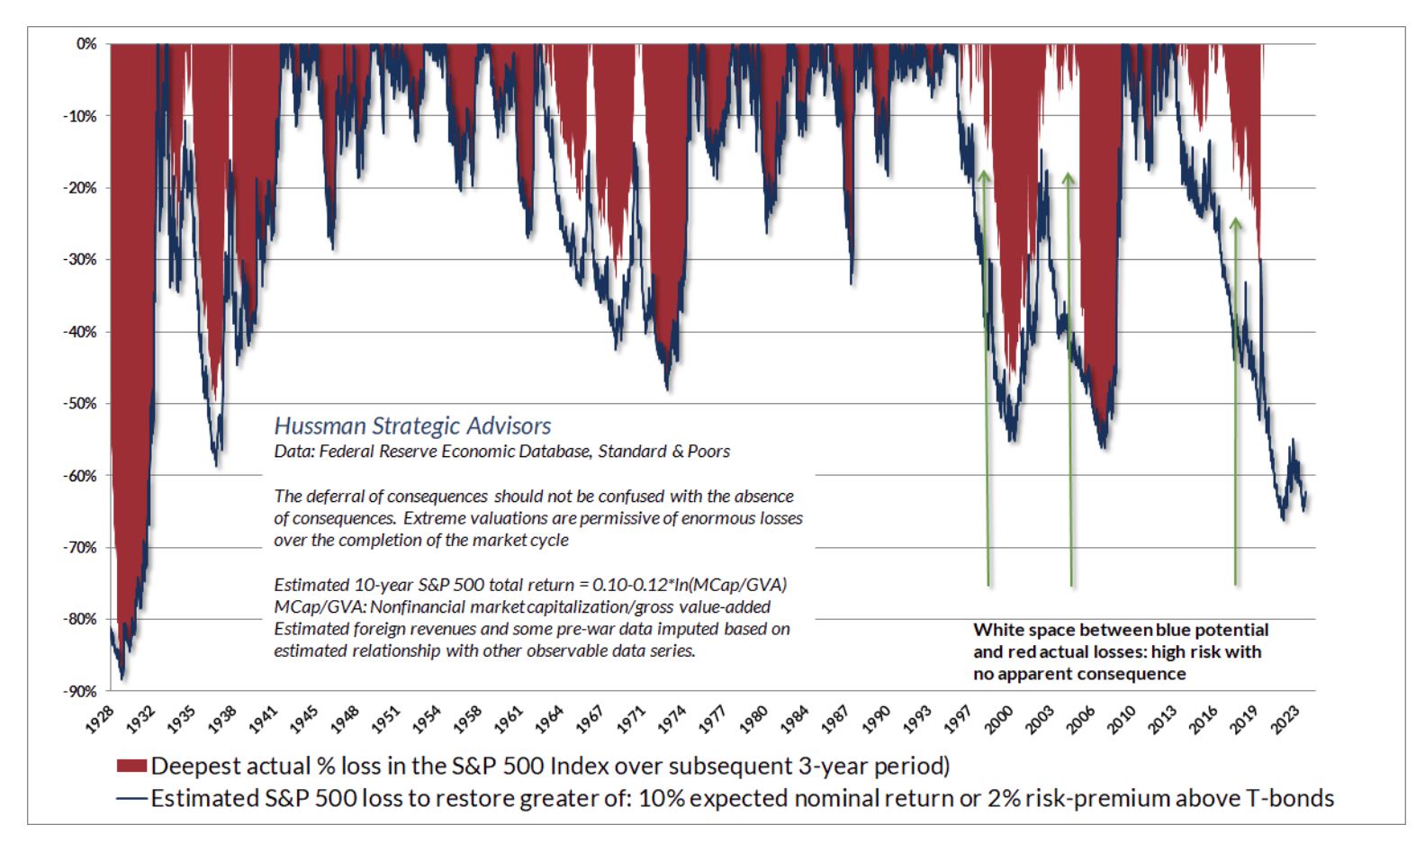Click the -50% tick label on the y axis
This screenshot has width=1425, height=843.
[79, 404]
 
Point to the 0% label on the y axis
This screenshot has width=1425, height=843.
[86, 44]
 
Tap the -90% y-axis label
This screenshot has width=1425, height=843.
[79, 691]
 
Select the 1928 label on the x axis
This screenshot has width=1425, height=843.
[101, 720]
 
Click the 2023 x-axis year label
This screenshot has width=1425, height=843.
[1285, 720]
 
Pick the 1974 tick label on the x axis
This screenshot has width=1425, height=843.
[671, 720]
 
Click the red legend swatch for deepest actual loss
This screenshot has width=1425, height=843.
[131, 766]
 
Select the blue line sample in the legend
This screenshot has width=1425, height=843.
[131, 798]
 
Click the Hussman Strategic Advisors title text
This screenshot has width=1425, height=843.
[412, 426]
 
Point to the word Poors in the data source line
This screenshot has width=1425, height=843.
[708, 452]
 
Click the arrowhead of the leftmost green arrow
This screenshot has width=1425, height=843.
[984, 175]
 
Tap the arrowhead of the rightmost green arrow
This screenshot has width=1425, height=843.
[1235, 221]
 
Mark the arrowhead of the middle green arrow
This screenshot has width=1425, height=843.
[1069, 177]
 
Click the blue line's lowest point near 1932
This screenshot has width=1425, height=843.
[122, 677]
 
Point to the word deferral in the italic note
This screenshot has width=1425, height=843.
[333, 497]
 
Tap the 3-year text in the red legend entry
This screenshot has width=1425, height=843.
[836, 766]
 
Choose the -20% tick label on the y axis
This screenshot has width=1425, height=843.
[79, 188]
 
